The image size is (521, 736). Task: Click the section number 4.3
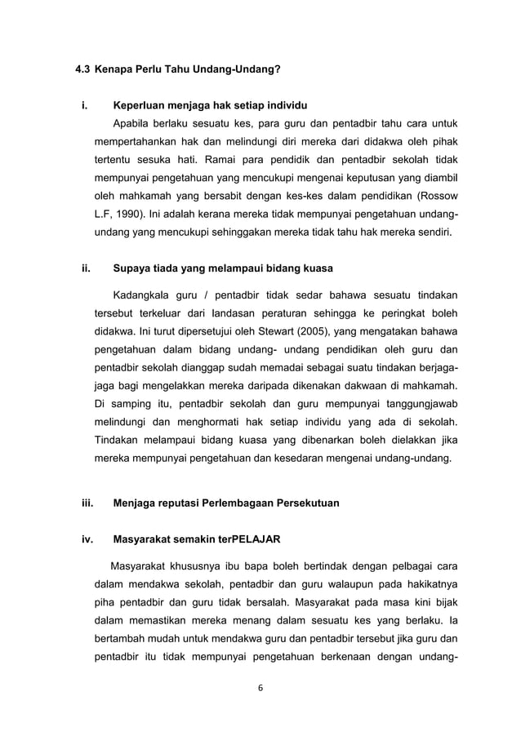tap(82, 71)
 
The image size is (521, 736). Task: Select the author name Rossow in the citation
tap(437, 196)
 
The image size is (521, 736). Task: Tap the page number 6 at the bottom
tap(260, 687)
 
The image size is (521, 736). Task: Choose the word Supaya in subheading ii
tap(132, 268)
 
